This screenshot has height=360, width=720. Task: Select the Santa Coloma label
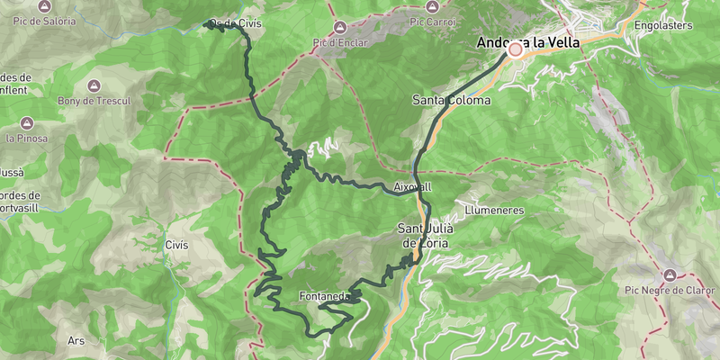[x=452, y=100]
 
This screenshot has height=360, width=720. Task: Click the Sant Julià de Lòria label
[x=426, y=236]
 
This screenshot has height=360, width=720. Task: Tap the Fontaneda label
[x=324, y=296]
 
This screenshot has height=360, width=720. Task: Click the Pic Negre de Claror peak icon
[x=669, y=274]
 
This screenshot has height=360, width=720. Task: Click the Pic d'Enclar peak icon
[x=340, y=27]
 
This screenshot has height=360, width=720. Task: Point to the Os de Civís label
[x=236, y=23]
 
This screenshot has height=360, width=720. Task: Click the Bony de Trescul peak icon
[x=94, y=85]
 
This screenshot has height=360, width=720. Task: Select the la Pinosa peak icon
[x=27, y=122]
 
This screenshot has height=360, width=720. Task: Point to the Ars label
[x=76, y=341]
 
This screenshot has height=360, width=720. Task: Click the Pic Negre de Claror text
[x=669, y=290]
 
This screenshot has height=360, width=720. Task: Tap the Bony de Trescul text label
[x=94, y=102]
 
